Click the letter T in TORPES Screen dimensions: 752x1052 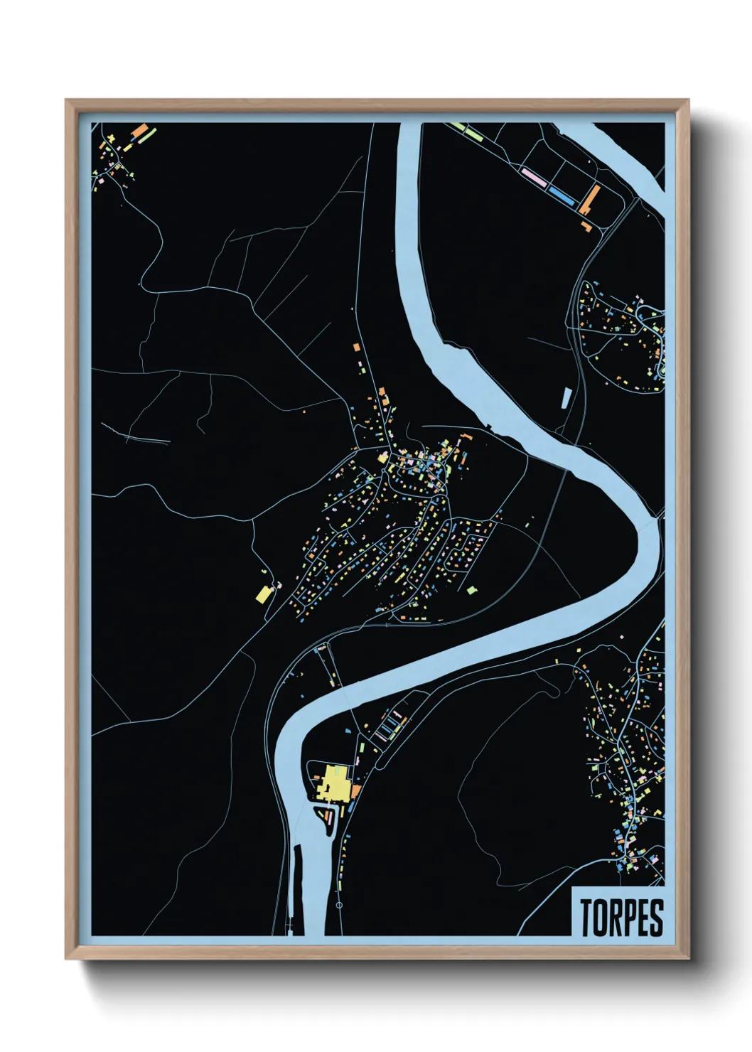(587, 918)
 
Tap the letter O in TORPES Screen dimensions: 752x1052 (601, 918)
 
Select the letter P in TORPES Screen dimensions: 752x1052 (630, 918)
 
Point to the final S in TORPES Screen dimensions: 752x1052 (657, 918)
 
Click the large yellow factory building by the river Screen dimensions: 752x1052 (335, 784)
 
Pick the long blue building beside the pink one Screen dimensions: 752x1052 (562, 194)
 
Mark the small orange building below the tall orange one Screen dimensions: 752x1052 (586, 226)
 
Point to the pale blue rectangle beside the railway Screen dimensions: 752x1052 (566, 397)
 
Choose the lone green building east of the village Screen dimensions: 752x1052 (471, 589)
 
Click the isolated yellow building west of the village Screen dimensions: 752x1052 (263, 594)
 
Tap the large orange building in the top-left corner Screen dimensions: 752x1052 (140, 132)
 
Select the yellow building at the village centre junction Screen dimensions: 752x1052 (382, 458)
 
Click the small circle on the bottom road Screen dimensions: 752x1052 (339, 906)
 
